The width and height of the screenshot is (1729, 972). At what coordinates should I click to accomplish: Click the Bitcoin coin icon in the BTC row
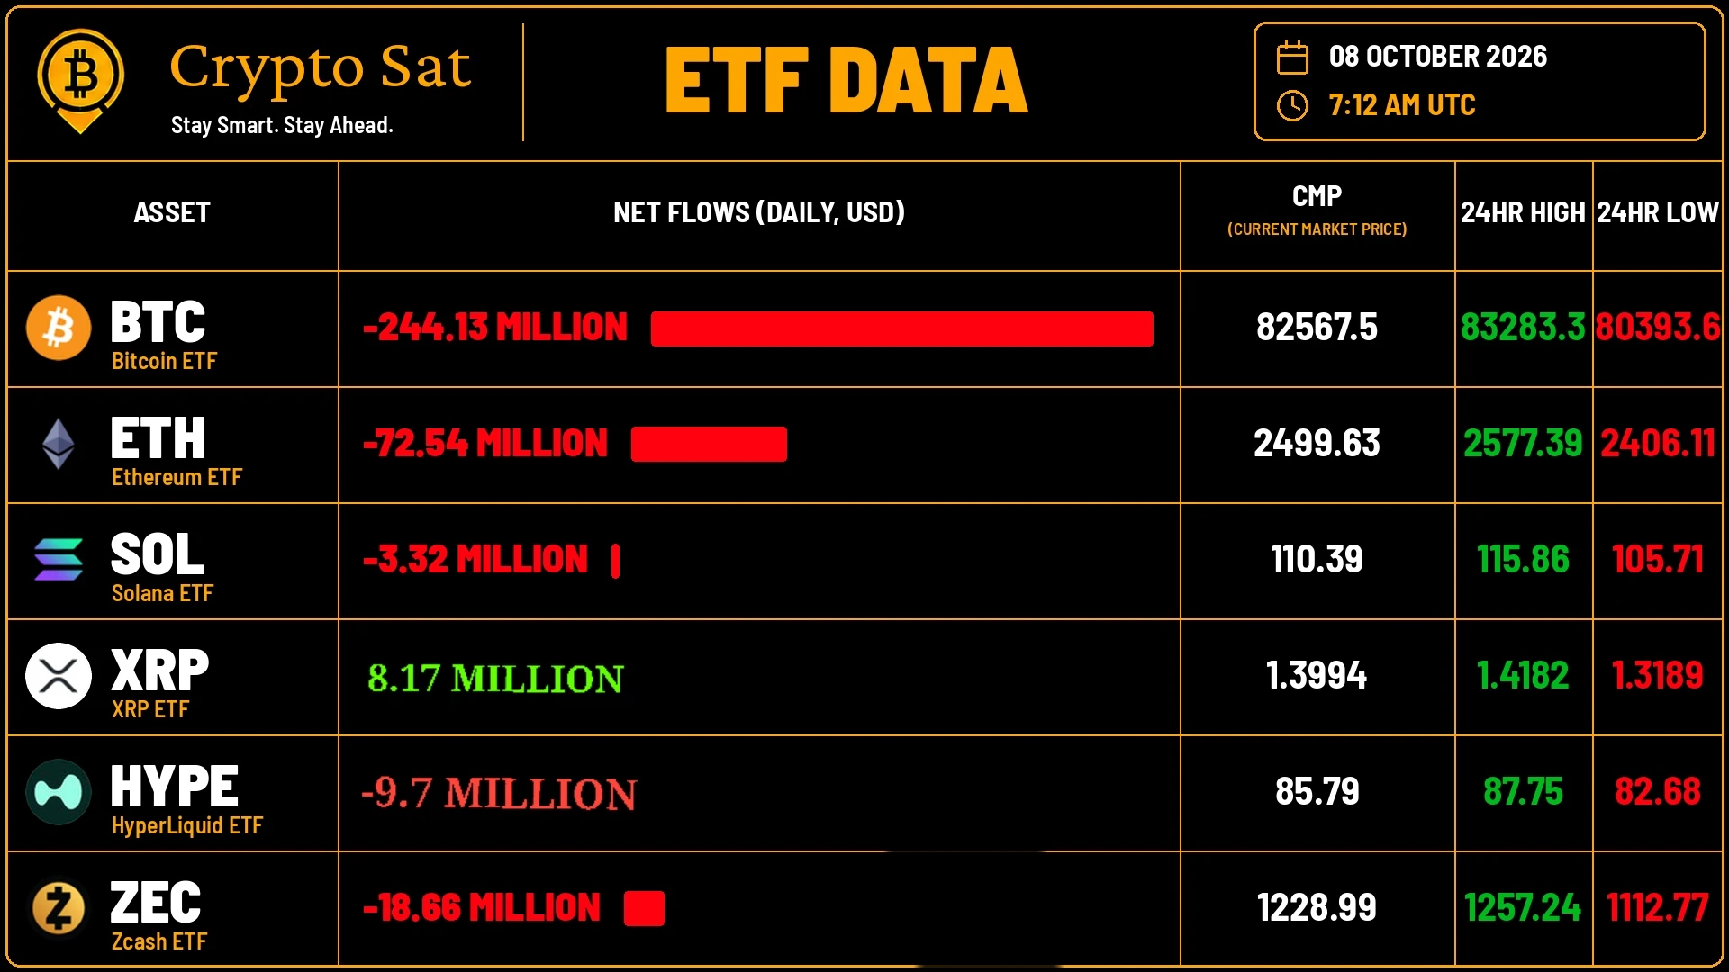click(x=59, y=328)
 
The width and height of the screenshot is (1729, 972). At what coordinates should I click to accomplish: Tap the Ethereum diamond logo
click(x=59, y=444)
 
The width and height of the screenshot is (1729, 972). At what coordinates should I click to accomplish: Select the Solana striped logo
click(x=59, y=560)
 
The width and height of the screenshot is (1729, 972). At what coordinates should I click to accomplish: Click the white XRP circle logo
click(x=59, y=676)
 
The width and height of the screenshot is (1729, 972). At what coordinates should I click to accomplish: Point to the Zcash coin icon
click(x=59, y=908)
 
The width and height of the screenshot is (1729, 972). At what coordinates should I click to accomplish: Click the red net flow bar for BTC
click(x=901, y=328)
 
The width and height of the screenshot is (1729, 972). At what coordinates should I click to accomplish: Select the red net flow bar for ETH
click(x=709, y=444)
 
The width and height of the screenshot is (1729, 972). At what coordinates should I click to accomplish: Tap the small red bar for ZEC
click(x=644, y=908)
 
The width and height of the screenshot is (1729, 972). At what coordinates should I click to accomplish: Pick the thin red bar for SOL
click(x=615, y=561)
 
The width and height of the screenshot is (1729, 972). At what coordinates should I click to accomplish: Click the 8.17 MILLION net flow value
click(x=495, y=678)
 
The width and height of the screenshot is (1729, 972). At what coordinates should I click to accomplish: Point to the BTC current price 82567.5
click(x=1317, y=328)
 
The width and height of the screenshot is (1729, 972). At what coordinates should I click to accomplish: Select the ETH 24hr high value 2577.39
click(x=1523, y=443)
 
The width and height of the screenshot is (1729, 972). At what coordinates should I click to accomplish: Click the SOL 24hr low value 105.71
click(x=1657, y=559)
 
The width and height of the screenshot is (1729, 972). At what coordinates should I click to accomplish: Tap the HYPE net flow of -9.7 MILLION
click(x=499, y=793)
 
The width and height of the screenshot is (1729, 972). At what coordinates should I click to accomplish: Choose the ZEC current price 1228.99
click(x=1317, y=907)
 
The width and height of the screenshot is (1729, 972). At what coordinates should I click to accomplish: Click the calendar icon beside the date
click(x=1292, y=57)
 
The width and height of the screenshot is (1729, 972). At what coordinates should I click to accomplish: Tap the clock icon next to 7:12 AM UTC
click(x=1292, y=105)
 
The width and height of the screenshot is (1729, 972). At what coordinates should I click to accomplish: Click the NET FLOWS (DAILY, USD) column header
click(x=759, y=212)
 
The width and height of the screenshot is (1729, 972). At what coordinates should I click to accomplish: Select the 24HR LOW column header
click(x=1658, y=212)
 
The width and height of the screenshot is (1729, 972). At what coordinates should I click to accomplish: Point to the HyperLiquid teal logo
click(x=59, y=792)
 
